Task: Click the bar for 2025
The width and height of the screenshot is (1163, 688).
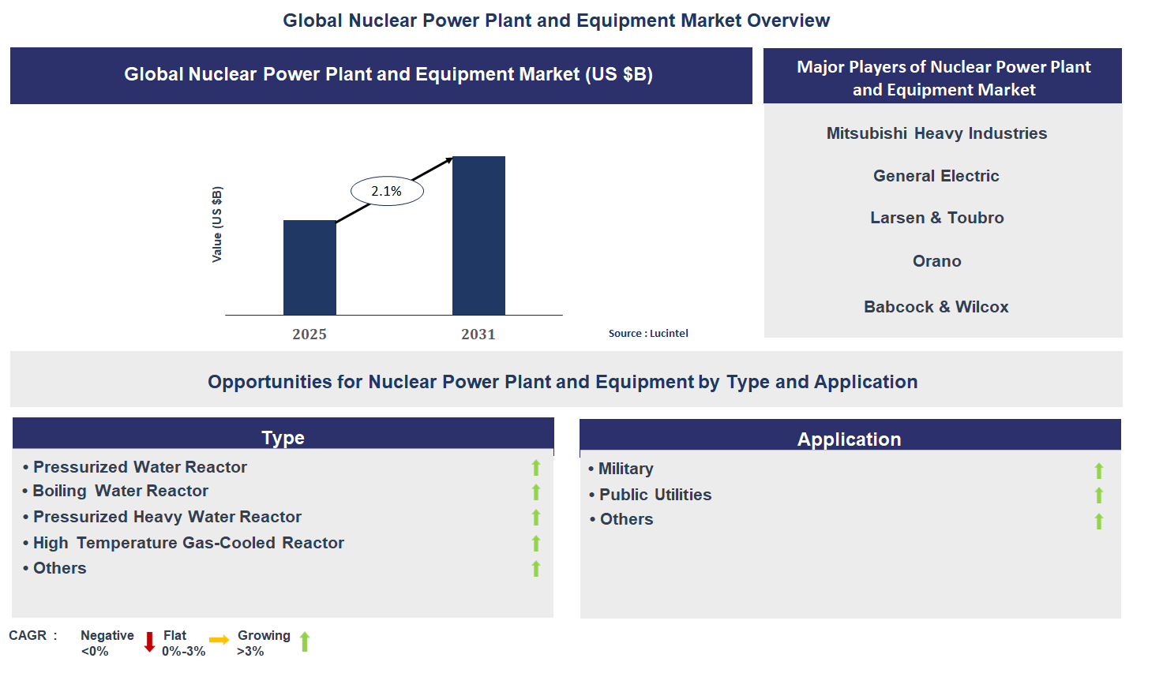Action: pyautogui.click(x=310, y=267)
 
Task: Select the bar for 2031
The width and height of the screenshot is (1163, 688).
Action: pyautogui.click(x=478, y=236)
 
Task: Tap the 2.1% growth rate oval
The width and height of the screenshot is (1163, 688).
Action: pyautogui.click(x=387, y=191)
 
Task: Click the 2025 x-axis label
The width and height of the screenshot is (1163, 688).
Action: pyautogui.click(x=310, y=334)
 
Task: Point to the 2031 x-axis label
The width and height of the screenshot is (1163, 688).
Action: pyautogui.click(x=478, y=334)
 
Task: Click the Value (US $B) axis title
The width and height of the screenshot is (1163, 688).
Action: pyautogui.click(x=217, y=224)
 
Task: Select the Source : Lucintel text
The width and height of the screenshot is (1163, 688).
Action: pyautogui.click(x=648, y=333)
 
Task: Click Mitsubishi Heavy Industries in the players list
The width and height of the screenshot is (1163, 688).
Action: pyautogui.click(x=936, y=133)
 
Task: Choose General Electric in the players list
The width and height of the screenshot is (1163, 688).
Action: pyautogui.click(x=936, y=176)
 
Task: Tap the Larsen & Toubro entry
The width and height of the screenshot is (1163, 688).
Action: pyautogui.click(x=936, y=218)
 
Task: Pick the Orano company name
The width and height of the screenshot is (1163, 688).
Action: pyautogui.click(x=936, y=261)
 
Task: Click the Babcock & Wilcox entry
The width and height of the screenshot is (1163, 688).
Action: pyautogui.click(x=936, y=307)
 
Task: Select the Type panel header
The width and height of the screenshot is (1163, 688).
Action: pyautogui.click(x=283, y=437)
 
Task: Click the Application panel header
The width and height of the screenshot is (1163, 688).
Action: pyautogui.click(x=849, y=439)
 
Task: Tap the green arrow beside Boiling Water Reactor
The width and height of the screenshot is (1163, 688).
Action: pyautogui.click(x=536, y=492)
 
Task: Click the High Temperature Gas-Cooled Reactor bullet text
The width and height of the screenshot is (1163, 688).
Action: pyautogui.click(x=188, y=543)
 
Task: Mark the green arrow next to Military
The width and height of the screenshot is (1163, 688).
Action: pyautogui.click(x=1099, y=471)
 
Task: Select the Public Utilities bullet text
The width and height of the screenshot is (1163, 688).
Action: pyautogui.click(x=655, y=495)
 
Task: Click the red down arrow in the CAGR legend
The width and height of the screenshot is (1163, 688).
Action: pyautogui.click(x=149, y=642)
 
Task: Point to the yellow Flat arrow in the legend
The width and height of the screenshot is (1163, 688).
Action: pyautogui.click(x=219, y=640)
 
